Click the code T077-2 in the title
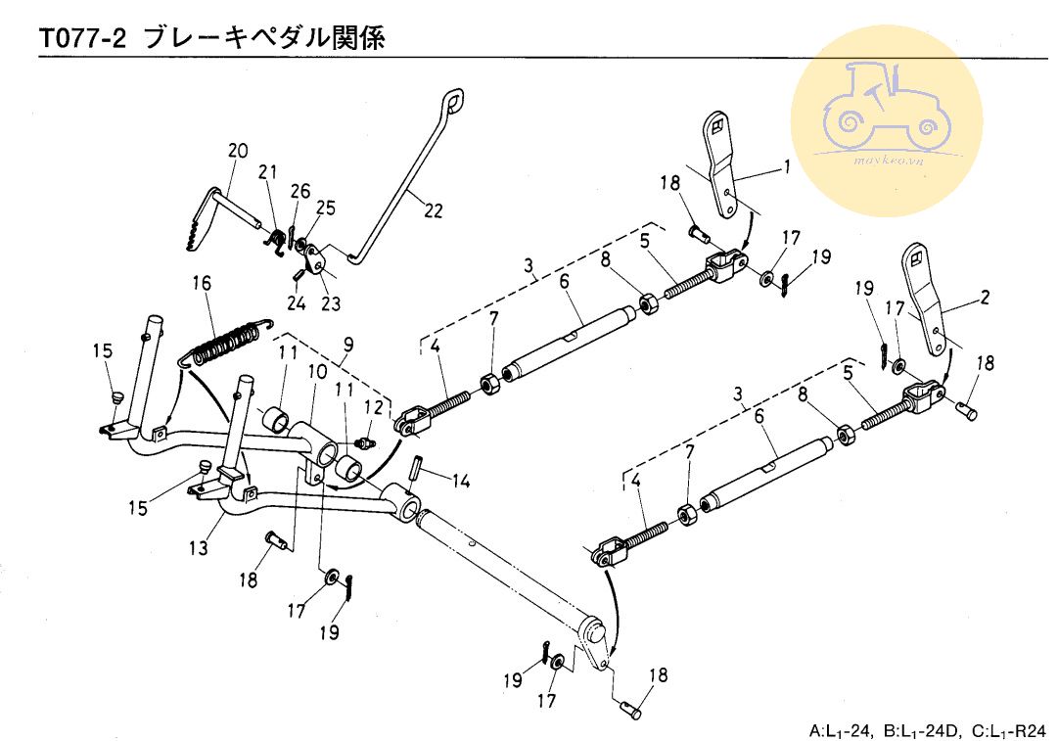(x=83, y=38)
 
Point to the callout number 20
(x=237, y=151)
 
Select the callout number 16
(x=202, y=284)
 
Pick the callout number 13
(x=199, y=548)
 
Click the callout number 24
(x=297, y=303)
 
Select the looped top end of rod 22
(x=452, y=102)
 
